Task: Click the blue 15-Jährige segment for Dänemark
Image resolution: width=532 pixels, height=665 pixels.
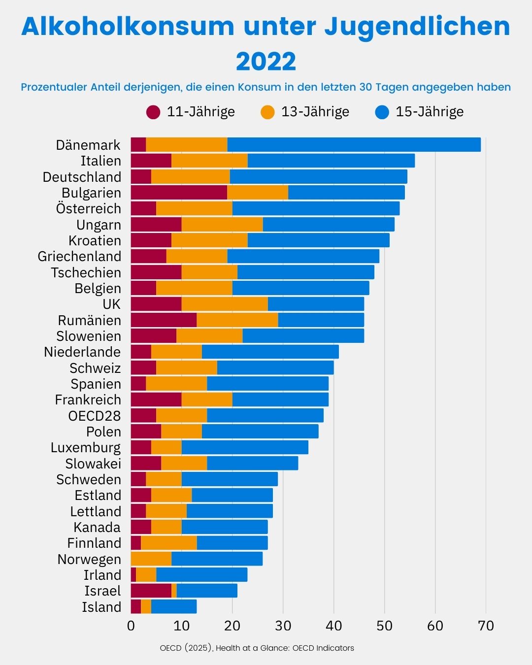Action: pyautogui.click(x=354, y=145)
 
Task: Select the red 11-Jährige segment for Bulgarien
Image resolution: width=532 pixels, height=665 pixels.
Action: pyautogui.click(x=179, y=193)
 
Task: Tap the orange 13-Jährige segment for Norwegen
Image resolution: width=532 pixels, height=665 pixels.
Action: pyautogui.click(x=151, y=559)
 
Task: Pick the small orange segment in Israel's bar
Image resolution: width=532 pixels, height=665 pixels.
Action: pyautogui.click(x=174, y=591)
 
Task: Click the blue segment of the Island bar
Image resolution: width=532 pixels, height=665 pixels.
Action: pyautogui.click(x=173, y=607)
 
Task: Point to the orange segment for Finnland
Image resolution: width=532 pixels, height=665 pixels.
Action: pyautogui.click(x=169, y=543)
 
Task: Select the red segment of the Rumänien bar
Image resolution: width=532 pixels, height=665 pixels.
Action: pyautogui.click(x=164, y=320)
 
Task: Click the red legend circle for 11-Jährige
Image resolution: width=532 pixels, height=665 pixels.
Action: pyautogui.click(x=153, y=112)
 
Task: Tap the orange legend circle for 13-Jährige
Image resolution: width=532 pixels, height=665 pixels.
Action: pyautogui.click(x=267, y=112)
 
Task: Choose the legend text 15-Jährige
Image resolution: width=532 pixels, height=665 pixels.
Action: pyautogui.click(x=430, y=112)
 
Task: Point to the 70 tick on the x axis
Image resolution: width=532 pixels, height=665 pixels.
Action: pyautogui.click(x=486, y=626)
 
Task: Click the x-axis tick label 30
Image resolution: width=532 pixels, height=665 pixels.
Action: pyautogui.click(x=283, y=626)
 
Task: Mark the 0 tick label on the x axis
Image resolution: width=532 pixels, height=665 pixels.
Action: pyautogui.click(x=131, y=626)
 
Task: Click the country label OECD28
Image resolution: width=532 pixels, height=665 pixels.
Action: pyautogui.click(x=95, y=416)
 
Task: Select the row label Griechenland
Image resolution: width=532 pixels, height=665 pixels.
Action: pyautogui.click(x=79, y=257)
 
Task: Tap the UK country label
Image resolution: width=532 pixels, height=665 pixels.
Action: pyautogui.click(x=111, y=304)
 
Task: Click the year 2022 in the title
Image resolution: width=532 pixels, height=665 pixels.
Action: pyautogui.click(x=266, y=62)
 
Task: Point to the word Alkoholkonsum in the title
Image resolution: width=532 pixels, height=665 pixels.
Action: pyautogui.click(x=128, y=27)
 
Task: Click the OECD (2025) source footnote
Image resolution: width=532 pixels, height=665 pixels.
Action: pyautogui.click(x=257, y=648)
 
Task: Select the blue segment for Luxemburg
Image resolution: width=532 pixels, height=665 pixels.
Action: pyautogui.click(x=245, y=447)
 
